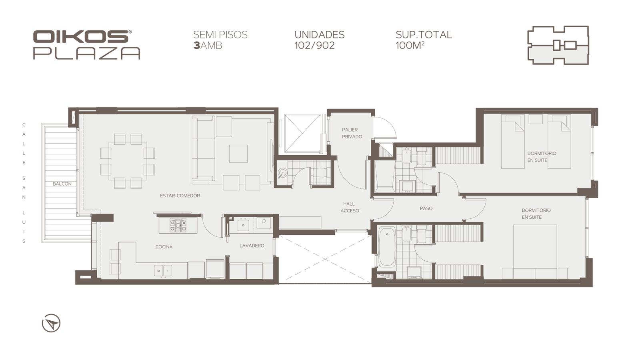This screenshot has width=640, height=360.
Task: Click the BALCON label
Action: (x=62, y=184)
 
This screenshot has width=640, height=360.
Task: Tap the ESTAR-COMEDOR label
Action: (x=180, y=196)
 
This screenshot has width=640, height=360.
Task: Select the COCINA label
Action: (x=164, y=247)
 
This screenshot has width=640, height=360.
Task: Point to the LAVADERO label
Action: (x=252, y=246)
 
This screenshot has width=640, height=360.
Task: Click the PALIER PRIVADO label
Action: (x=352, y=133)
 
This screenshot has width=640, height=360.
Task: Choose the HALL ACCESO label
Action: (x=350, y=207)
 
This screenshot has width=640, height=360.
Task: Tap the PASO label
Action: (x=426, y=208)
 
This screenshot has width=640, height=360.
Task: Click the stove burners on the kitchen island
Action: (x=178, y=226)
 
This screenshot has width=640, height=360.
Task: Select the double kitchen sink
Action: (x=163, y=270)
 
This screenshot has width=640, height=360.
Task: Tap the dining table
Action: (x=128, y=161)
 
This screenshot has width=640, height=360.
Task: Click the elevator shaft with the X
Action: (x=302, y=134)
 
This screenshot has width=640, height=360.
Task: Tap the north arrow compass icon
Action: (x=51, y=323)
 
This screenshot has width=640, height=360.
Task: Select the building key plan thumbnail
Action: (x=558, y=45)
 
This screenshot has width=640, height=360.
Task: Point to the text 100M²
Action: (x=410, y=46)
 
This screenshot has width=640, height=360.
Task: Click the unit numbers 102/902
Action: (x=314, y=46)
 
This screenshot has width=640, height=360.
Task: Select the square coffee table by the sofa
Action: (x=238, y=154)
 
